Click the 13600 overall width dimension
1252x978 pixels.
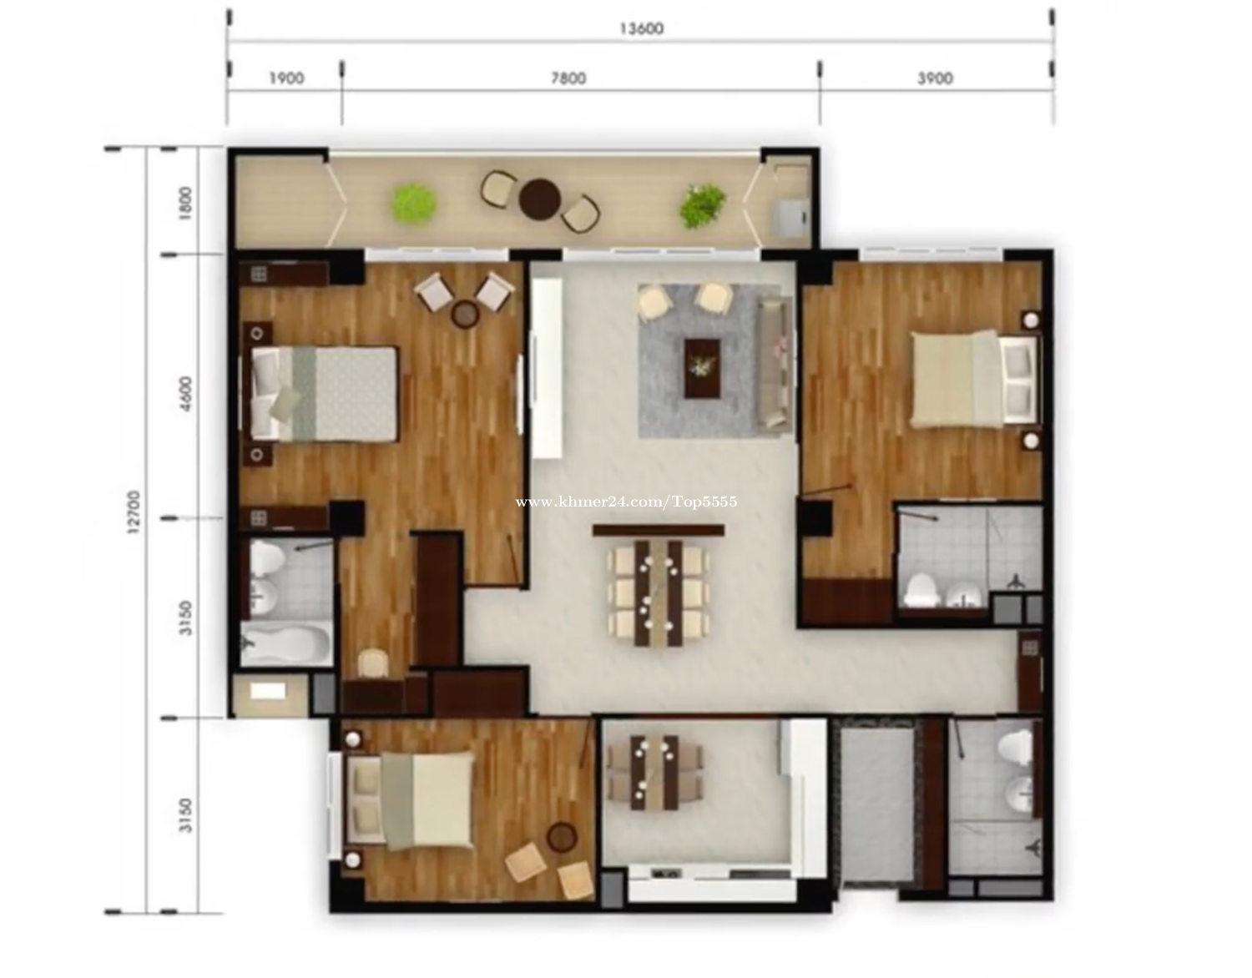[641, 28]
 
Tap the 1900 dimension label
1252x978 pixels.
[287, 78]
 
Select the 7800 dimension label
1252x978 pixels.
[568, 78]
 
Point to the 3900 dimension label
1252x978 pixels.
[935, 78]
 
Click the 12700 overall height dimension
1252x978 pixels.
[133, 512]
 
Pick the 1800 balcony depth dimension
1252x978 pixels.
[185, 203]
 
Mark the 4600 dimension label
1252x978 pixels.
[185, 393]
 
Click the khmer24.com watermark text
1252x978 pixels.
[626, 502]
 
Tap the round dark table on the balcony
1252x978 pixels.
[539, 199]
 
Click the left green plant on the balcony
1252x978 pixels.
[413, 204]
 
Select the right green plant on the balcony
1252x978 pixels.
[702, 205]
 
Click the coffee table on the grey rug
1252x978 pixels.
[702, 368]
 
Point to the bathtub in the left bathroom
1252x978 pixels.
[286, 643]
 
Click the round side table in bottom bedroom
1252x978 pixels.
[562, 836]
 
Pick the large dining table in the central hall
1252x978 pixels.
[659, 592]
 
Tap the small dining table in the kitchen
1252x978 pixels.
[654, 773]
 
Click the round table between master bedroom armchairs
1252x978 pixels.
[465, 315]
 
